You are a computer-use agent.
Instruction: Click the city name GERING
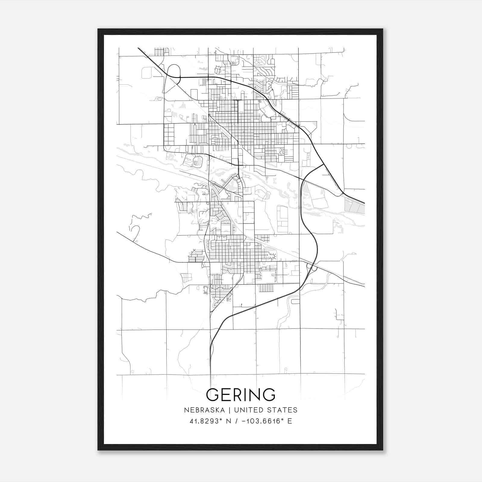point(241,395)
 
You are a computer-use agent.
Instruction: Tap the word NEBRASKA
point(204,410)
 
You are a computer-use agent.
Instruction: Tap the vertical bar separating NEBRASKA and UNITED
point(229,410)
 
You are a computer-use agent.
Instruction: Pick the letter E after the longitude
point(290,421)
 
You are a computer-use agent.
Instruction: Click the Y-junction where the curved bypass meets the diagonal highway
point(323,164)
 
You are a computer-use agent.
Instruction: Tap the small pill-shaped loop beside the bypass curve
point(296,301)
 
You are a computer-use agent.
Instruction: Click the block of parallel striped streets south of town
point(266,288)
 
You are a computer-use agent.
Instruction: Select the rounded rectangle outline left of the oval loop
point(147,73)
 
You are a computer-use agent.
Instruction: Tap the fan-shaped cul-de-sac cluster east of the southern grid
point(273,256)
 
